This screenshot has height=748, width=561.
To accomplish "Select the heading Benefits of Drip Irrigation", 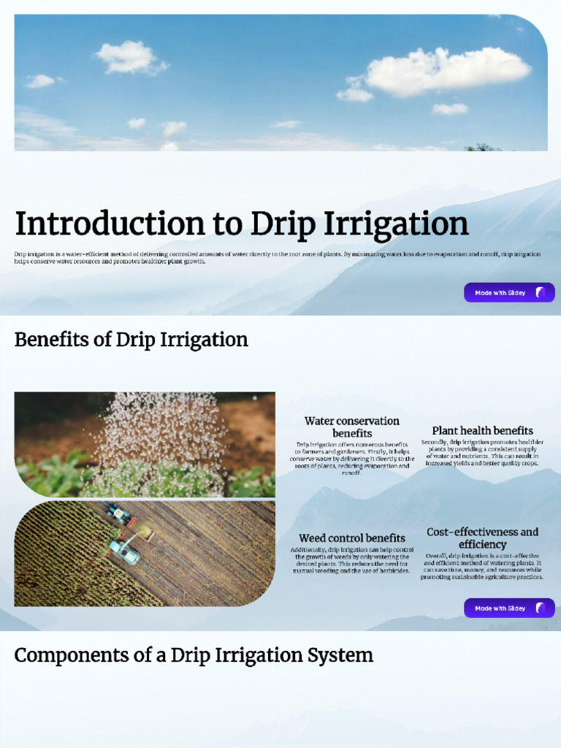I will (131, 340).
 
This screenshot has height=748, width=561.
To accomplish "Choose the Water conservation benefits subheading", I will (351, 427).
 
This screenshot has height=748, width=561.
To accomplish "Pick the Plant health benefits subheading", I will (482, 431).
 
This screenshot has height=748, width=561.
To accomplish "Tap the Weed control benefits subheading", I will (351, 538).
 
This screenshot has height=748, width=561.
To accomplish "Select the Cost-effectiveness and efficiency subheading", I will (482, 538).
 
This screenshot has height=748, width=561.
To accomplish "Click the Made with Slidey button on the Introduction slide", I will (509, 292).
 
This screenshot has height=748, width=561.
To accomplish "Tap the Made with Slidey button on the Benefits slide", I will (509, 608).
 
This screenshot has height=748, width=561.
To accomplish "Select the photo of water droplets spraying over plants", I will (145, 444).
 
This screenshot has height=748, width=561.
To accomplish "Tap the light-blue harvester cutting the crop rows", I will (124, 552).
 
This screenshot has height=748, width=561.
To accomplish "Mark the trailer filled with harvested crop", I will (142, 531).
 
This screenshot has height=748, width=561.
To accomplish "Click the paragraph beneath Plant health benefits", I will (482, 453).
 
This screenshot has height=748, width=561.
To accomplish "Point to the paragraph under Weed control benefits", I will (351, 560).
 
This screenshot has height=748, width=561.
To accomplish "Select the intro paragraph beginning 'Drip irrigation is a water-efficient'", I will (278, 257).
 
